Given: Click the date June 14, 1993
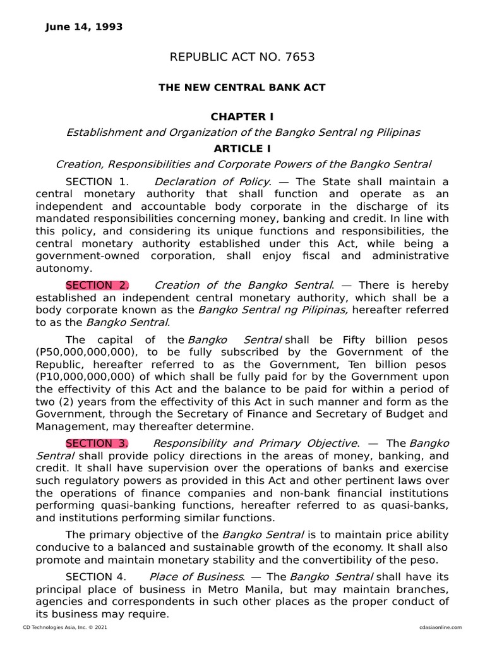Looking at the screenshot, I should click(x=84, y=27).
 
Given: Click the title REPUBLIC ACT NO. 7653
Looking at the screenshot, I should click(x=242, y=58).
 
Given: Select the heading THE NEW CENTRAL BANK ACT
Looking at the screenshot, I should click(x=242, y=88).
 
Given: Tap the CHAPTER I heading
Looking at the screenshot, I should click(x=242, y=117).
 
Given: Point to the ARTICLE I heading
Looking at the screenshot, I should click(x=242, y=148).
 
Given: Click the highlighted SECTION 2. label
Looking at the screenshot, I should click(x=97, y=285).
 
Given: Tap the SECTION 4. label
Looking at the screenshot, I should click(x=95, y=576).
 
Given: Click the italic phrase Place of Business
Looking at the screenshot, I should click(x=196, y=576).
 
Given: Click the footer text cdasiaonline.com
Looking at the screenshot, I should click(x=440, y=627).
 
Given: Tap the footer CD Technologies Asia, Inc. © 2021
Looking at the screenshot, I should click(x=60, y=627).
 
